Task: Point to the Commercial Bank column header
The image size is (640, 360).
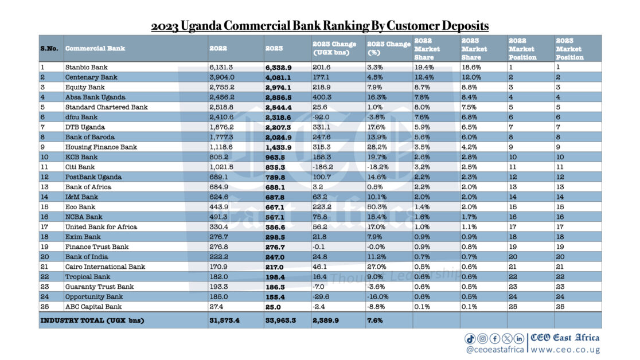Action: pos(95,48)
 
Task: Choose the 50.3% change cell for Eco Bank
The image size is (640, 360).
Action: pos(378,207)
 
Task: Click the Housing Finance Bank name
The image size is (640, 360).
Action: pos(101,147)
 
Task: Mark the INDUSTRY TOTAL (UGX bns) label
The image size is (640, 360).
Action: pos(92,320)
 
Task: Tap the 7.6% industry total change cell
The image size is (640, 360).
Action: pos(374,320)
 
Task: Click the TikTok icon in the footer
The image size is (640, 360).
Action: pos(470,339)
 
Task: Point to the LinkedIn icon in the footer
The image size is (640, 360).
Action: pos(519,339)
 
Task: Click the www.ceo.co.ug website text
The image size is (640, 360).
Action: pos(565,349)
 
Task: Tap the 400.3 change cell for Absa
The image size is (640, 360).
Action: pos(321,97)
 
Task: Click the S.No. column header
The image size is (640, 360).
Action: pos(49,48)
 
